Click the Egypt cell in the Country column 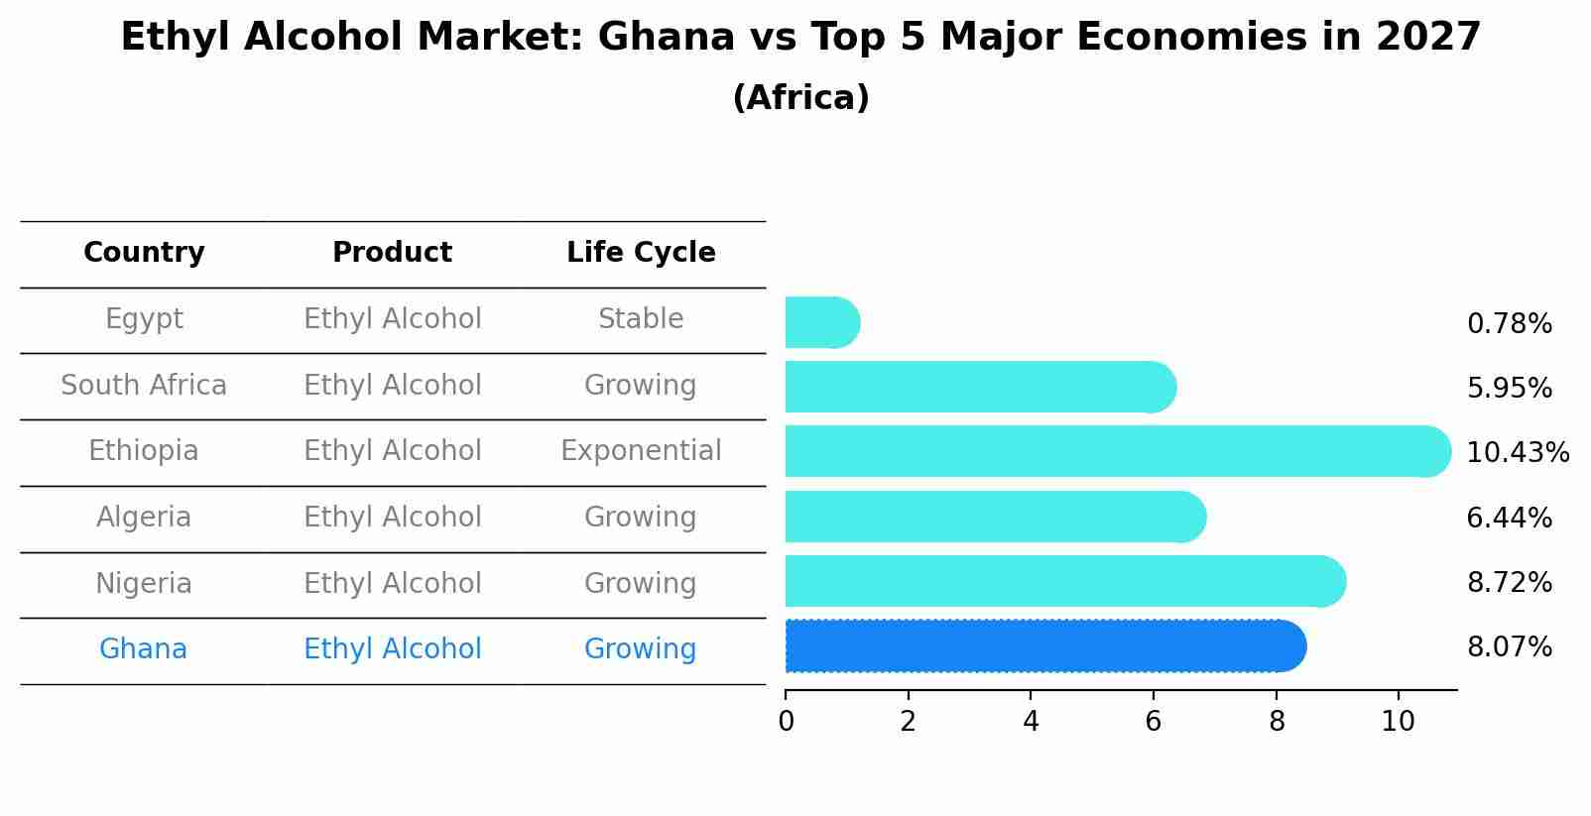[144, 319]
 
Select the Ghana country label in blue [143, 649]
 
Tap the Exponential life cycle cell [641, 451]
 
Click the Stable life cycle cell [641, 319]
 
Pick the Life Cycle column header [641, 253]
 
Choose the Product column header [392, 253]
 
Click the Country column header [144, 253]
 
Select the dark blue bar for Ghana [1041, 646]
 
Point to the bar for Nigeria [1061, 581]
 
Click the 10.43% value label [1517, 453]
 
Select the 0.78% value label [1509, 324]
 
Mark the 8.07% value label [1509, 647]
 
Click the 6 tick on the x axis [1153, 722]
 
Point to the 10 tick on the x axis [1398, 722]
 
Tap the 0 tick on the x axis [786, 722]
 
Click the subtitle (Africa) [800, 98]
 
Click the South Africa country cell [144, 386]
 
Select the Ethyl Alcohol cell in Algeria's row [392, 518]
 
